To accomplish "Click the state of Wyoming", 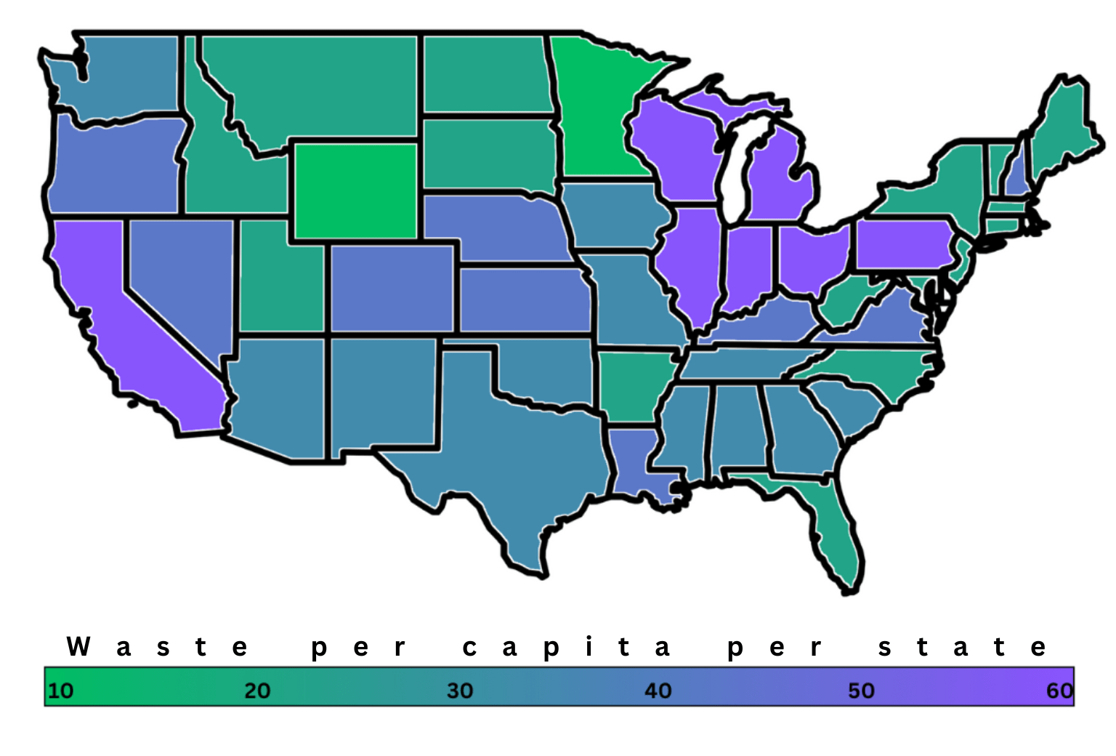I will coord(356,190).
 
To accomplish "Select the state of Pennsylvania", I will coord(905,244).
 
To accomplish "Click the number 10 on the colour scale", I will coord(60,690).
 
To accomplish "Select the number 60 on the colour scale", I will coord(1059,690).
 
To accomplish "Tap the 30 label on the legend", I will coord(460,690).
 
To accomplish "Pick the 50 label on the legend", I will coord(861,690).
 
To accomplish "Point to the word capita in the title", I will coord(566,646).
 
